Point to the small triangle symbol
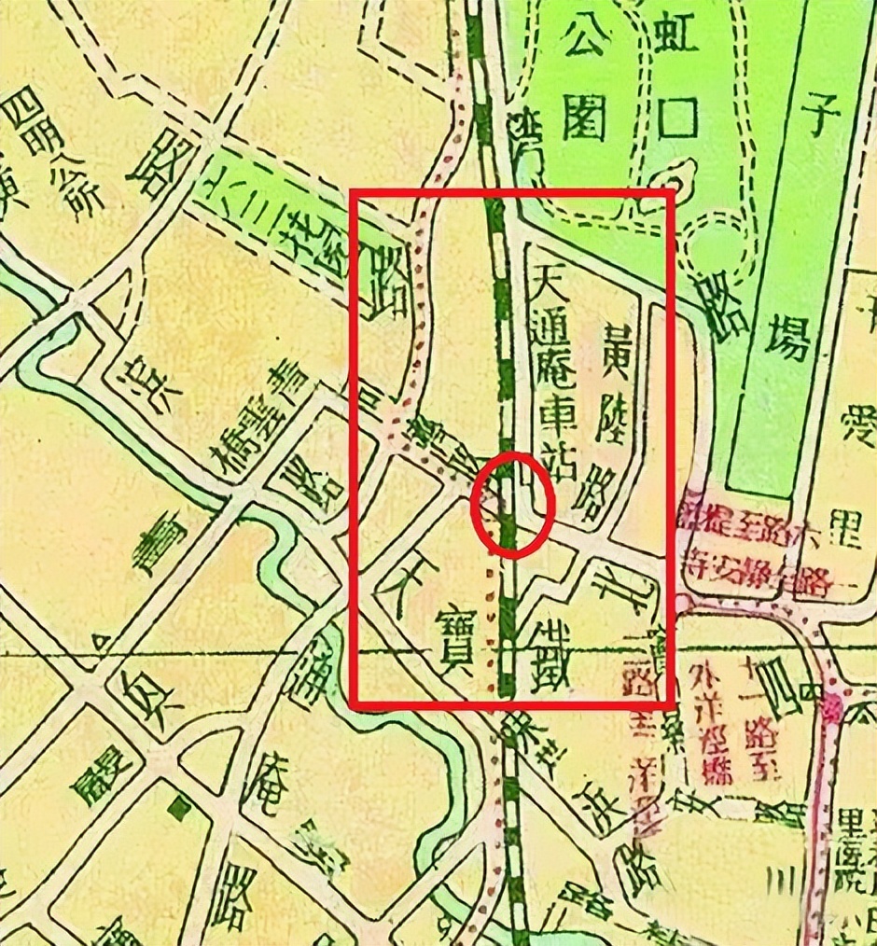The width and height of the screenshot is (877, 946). [97, 640]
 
